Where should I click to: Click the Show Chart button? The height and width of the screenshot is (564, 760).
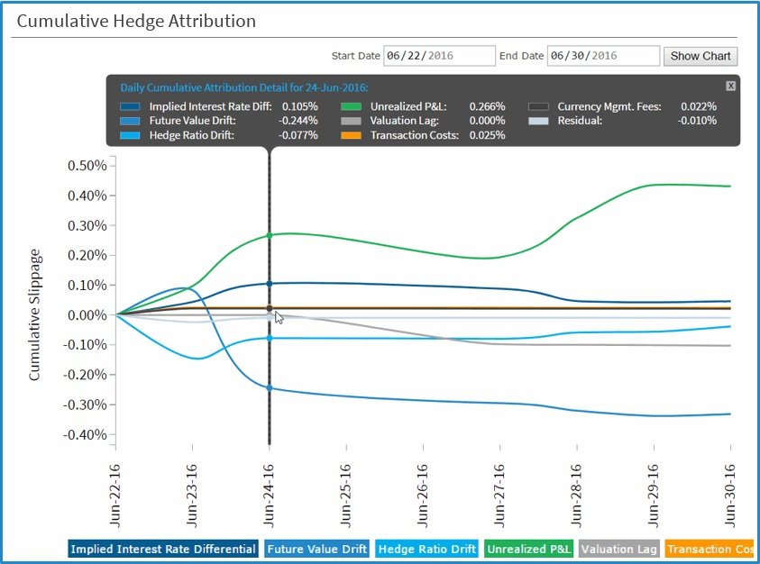[700, 56]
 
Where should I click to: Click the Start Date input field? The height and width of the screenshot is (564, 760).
[439, 56]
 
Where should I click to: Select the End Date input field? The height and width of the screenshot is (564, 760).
[602, 56]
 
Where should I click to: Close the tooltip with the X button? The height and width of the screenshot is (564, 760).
[730, 86]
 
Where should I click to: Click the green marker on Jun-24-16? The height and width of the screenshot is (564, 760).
[269, 236]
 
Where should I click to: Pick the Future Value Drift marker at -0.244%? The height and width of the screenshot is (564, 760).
[269, 388]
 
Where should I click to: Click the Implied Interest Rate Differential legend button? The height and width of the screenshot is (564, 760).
[162, 549]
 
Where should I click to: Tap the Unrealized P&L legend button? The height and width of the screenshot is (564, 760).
[530, 549]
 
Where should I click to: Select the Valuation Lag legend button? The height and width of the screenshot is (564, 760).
[619, 549]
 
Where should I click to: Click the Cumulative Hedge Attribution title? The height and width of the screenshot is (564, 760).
[136, 21]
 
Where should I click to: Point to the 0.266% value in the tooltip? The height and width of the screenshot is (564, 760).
[488, 106]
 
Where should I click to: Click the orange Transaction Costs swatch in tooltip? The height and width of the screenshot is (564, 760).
[353, 135]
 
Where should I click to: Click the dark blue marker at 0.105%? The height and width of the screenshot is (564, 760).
[269, 284]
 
